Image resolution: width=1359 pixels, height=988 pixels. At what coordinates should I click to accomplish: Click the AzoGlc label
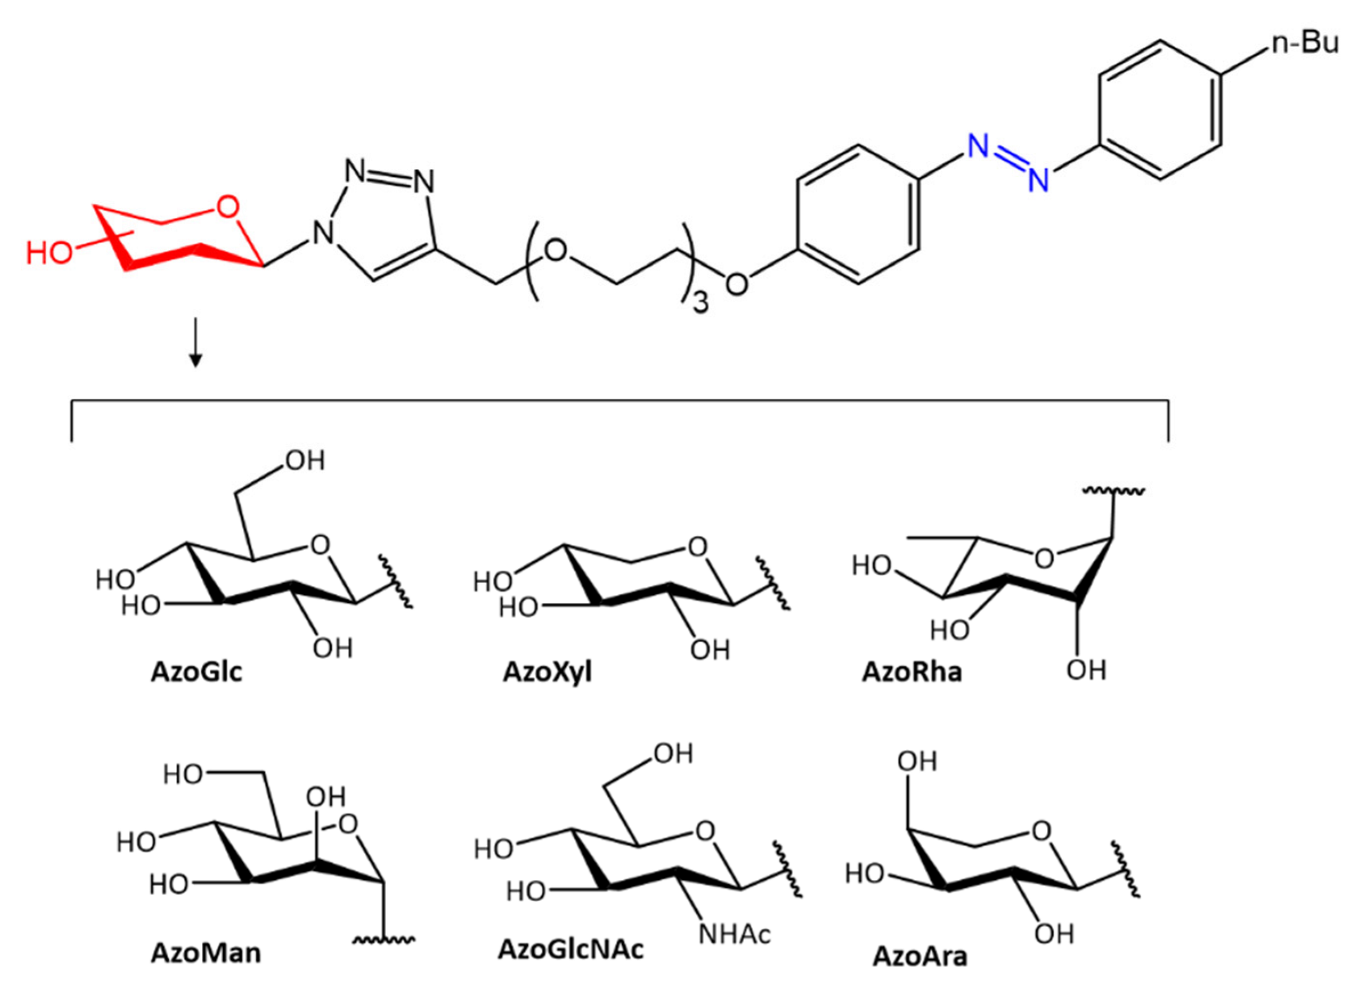point(196,673)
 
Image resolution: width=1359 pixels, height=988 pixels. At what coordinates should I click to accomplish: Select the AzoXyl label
point(547,673)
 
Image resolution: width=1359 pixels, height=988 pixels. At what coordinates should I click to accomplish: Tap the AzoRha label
point(911,673)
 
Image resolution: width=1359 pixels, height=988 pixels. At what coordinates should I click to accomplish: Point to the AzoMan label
point(206,952)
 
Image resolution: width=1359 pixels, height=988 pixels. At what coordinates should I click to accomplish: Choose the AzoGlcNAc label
point(571,949)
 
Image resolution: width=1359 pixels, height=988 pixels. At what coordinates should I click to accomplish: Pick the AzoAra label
point(920,957)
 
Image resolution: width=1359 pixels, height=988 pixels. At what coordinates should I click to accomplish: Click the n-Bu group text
point(1304,42)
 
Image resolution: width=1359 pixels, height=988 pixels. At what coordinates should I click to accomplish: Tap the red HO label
point(49,253)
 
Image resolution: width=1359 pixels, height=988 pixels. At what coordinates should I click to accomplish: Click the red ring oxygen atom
point(227,207)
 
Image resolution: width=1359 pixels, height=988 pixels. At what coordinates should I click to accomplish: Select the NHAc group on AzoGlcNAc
point(734,935)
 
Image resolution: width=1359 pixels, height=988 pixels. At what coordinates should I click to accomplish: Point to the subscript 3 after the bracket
point(700,303)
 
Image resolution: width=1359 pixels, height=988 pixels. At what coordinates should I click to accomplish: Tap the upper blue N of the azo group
point(978,146)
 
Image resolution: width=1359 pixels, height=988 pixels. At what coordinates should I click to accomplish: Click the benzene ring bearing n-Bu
point(1160,110)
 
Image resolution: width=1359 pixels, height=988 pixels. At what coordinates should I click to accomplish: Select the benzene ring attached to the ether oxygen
point(858,214)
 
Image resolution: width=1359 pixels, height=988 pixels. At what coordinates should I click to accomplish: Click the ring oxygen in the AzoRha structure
point(1044,558)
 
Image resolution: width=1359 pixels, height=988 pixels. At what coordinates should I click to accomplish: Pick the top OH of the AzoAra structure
point(916,761)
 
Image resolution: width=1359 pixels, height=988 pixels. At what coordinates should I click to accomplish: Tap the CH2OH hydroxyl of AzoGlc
point(305,460)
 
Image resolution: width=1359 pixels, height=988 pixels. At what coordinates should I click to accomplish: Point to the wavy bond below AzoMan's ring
point(384,939)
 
